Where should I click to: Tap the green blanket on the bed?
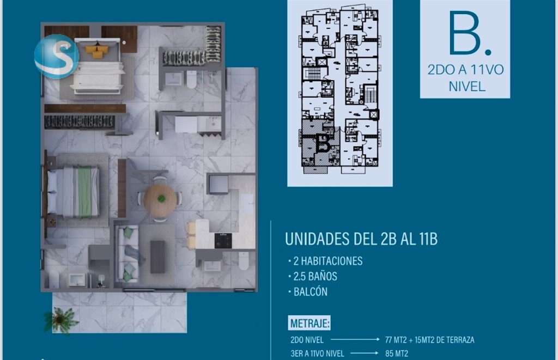[x=84, y=192]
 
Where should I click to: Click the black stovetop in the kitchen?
[x=223, y=241]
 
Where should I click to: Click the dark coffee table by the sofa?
[x=157, y=257]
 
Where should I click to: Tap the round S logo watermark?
[x=57, y=56]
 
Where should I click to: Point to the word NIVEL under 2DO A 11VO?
[x=467, y=87]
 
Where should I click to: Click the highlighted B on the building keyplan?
[x=323, y=143]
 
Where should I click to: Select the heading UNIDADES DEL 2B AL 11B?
[x=361, y=239]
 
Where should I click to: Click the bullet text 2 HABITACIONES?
[x=327, y=261]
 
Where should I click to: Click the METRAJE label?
[x=310, y=324]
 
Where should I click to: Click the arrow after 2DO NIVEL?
[x=355, y=340]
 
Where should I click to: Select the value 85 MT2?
[x=397, y=353]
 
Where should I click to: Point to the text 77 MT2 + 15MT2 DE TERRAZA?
[x=429, y=340]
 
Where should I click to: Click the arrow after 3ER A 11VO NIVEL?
[x=364, y=353]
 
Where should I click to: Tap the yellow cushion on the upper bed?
[x=97, y=51]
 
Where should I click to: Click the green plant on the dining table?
[x=161, y=198]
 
